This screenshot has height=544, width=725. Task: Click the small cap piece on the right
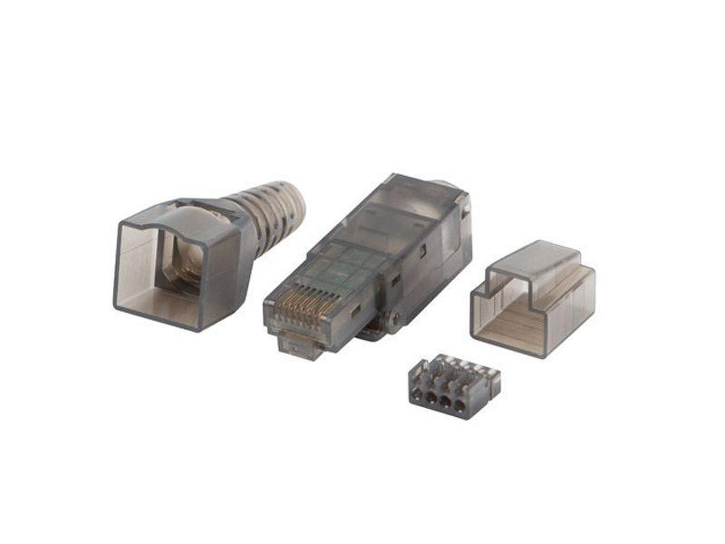pos(533,298)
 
